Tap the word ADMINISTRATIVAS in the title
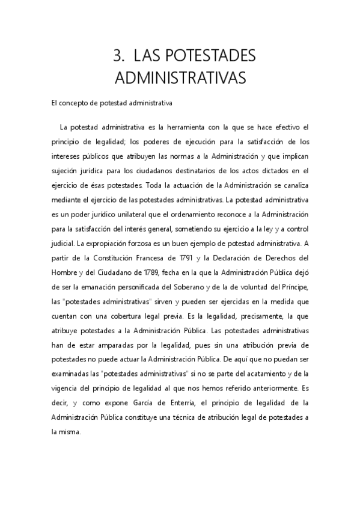pos(180,79)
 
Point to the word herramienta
pos(188,127)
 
